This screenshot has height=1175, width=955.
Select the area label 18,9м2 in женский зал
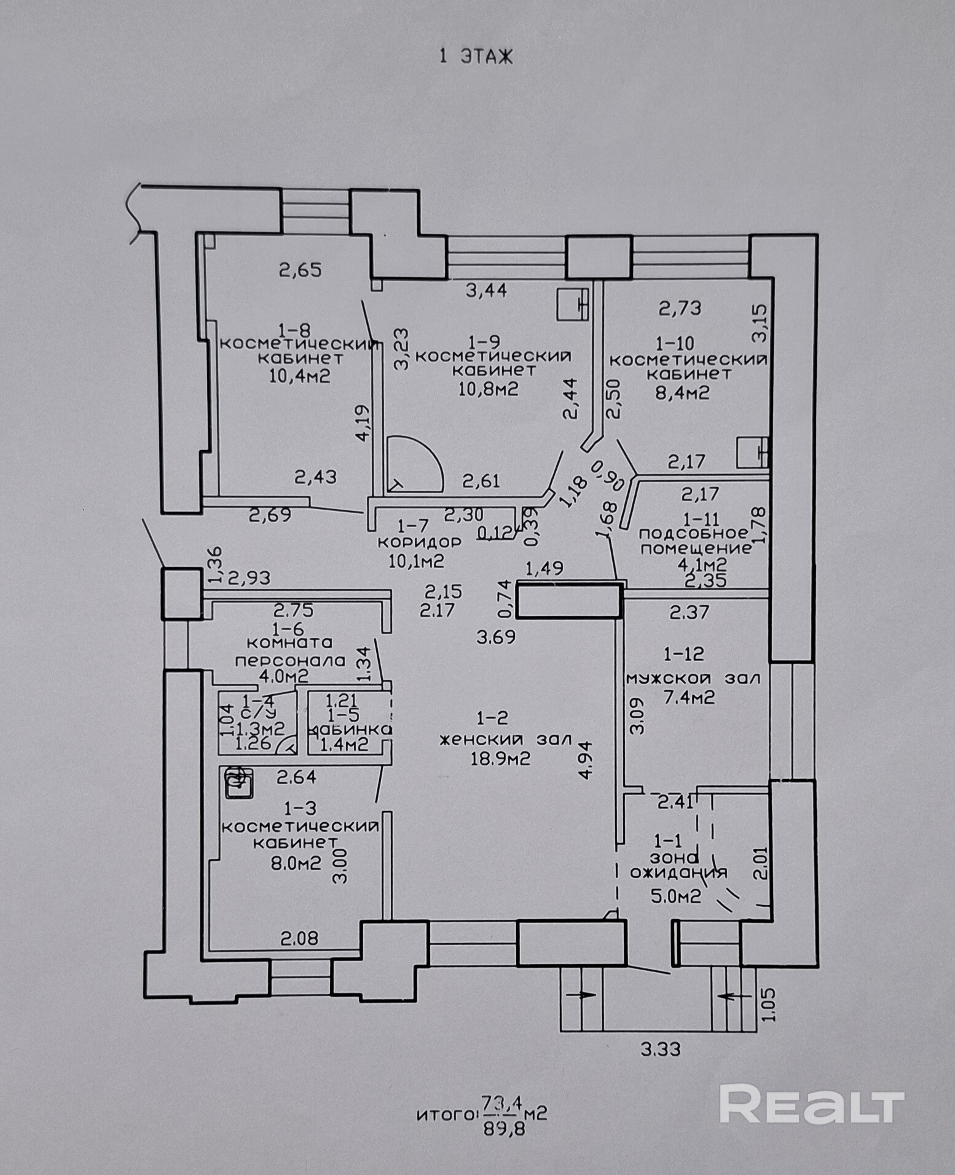[500, 758]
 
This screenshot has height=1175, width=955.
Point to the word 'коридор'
[419, 542]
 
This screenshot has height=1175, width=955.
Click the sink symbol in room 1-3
[238, 783]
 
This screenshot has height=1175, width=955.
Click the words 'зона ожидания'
[678, 864]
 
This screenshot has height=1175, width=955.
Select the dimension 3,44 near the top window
[487, 290]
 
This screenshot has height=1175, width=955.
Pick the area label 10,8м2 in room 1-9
[489, 389]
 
